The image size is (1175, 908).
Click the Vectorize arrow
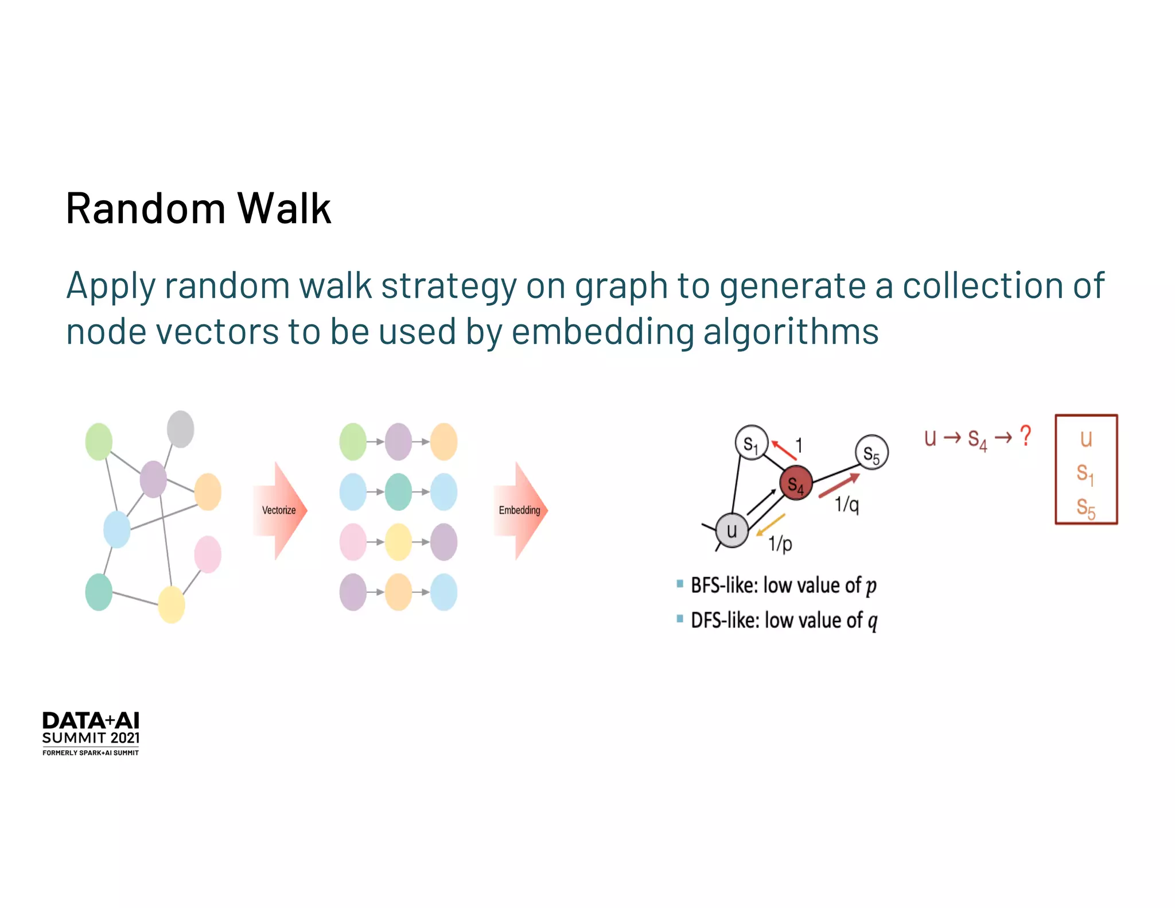tap(279, 510)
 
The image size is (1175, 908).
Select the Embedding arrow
tap(520, 510)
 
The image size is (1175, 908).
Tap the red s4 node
tap(796, 484)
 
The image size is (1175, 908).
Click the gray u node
tap(732, 530)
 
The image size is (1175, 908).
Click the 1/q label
tap(847, 505)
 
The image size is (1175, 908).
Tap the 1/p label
tap(780, 543)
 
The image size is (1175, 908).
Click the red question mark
tap(1025, 436)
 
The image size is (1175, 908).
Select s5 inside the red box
tap(1086, 507)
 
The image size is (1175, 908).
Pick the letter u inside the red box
tap(1086, 439)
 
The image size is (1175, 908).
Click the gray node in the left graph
tap(181, 429)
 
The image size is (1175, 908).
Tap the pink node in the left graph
tap(208, 554)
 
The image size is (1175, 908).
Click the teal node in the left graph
tap(99, 592)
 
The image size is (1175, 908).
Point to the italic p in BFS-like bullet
tap(871, 587)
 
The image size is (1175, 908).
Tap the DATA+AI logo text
tap(91, 721)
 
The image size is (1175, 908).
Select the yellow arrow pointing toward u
tap(771, 524)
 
